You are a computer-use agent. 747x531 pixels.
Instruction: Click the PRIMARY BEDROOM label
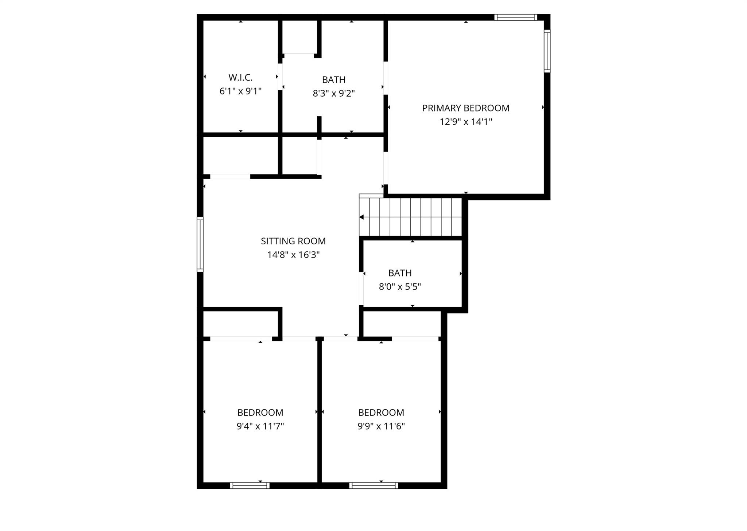466,108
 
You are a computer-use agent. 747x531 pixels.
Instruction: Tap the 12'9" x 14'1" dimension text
466,122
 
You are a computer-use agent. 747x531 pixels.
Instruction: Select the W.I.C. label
240,77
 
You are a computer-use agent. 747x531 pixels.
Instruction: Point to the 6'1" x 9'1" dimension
240,91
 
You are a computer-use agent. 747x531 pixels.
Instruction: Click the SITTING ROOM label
293,241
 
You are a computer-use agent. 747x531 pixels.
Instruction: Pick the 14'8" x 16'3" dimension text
293,255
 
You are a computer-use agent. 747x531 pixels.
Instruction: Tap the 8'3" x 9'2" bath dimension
334,93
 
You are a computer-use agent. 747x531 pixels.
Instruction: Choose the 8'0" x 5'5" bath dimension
400,287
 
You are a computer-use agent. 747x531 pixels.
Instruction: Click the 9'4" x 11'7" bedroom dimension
260,426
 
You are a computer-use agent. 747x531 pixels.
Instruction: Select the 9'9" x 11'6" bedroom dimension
381,426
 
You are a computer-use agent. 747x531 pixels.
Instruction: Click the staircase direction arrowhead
361,217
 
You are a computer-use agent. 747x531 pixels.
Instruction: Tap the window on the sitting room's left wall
200,244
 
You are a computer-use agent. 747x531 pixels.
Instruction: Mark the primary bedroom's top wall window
516,17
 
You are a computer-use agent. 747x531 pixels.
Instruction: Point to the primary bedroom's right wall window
547,51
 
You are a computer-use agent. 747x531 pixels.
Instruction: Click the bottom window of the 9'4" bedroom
250,485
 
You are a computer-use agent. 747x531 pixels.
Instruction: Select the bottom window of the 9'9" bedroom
373,485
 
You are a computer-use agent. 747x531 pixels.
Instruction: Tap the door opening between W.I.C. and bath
280,77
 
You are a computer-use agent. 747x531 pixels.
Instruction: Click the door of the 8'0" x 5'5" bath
361,288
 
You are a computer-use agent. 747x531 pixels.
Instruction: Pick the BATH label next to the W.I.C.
334,80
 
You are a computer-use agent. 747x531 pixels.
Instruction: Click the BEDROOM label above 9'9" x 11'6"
381,412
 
